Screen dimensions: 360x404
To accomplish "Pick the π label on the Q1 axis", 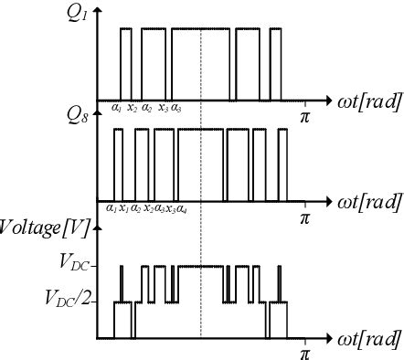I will click(305, 116).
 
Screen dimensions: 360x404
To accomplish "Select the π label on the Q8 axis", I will click(305, 218).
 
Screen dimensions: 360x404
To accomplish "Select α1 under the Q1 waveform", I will click(117, 108).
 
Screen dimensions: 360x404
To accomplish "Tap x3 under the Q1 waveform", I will click(164, 108).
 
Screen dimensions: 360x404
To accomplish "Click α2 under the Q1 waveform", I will click(147, 108).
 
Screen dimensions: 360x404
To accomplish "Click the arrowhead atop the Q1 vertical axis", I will click(98, 8).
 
